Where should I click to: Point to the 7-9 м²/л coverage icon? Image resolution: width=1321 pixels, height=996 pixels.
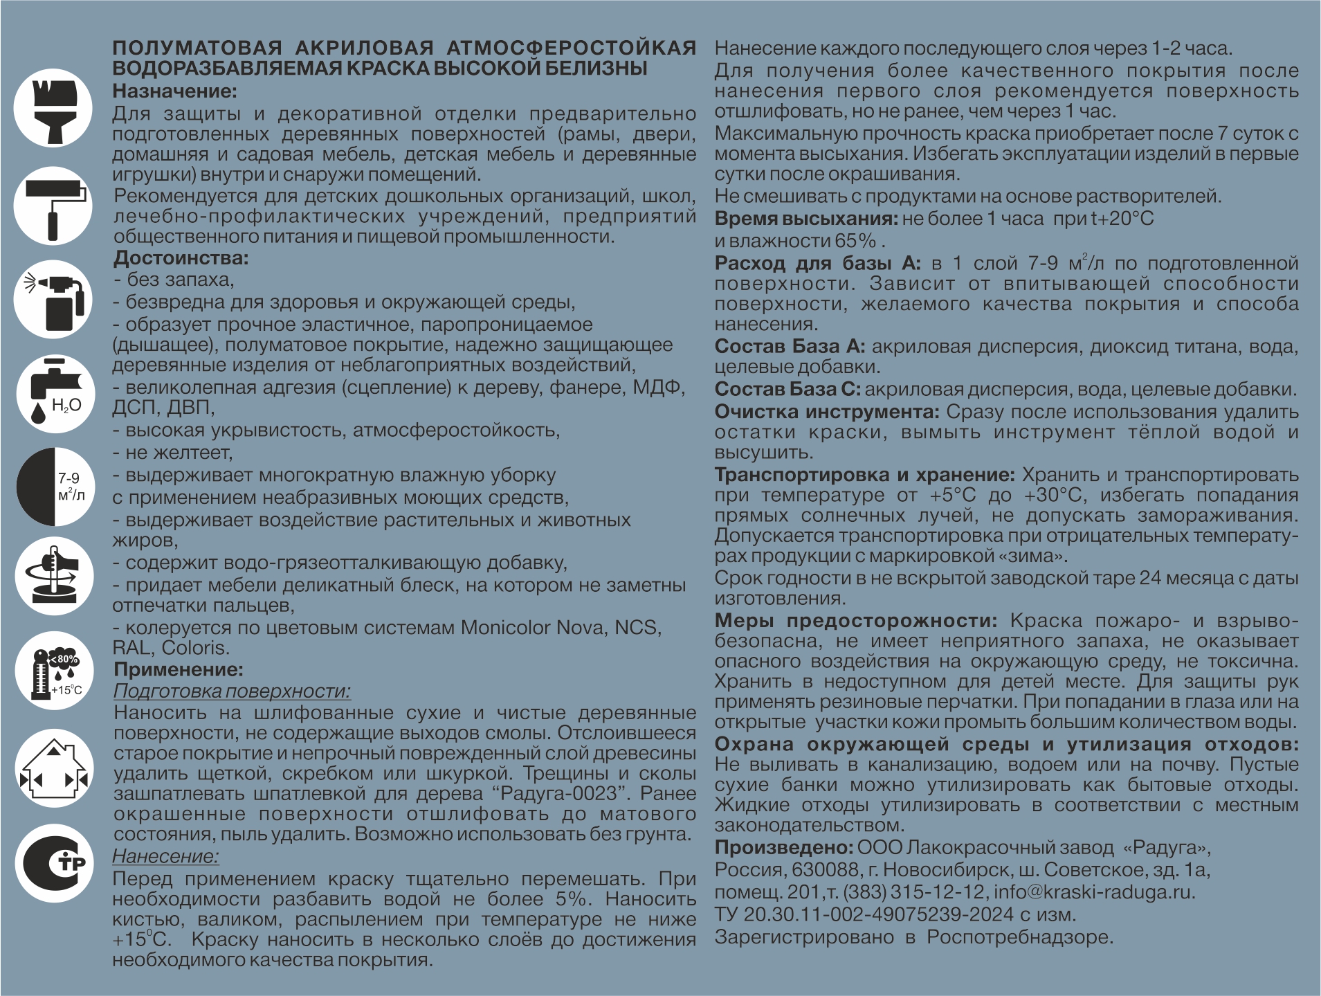click(53, 487)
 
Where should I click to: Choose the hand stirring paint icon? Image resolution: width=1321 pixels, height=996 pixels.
click(53, 577)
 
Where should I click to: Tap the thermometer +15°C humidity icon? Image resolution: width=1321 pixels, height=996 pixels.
click(53, 671)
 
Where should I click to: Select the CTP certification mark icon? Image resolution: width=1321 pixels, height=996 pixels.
click(53, 863)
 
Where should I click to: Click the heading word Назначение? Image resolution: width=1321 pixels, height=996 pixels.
click(174, 91)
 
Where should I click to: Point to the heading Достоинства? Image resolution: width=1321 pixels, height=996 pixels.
click(181, 259)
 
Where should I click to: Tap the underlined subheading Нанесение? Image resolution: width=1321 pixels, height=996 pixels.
click(165, 856)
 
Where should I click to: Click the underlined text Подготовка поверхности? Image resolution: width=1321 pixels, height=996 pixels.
click(232, 691)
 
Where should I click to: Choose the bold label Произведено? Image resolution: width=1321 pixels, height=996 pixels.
click(784, 847)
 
